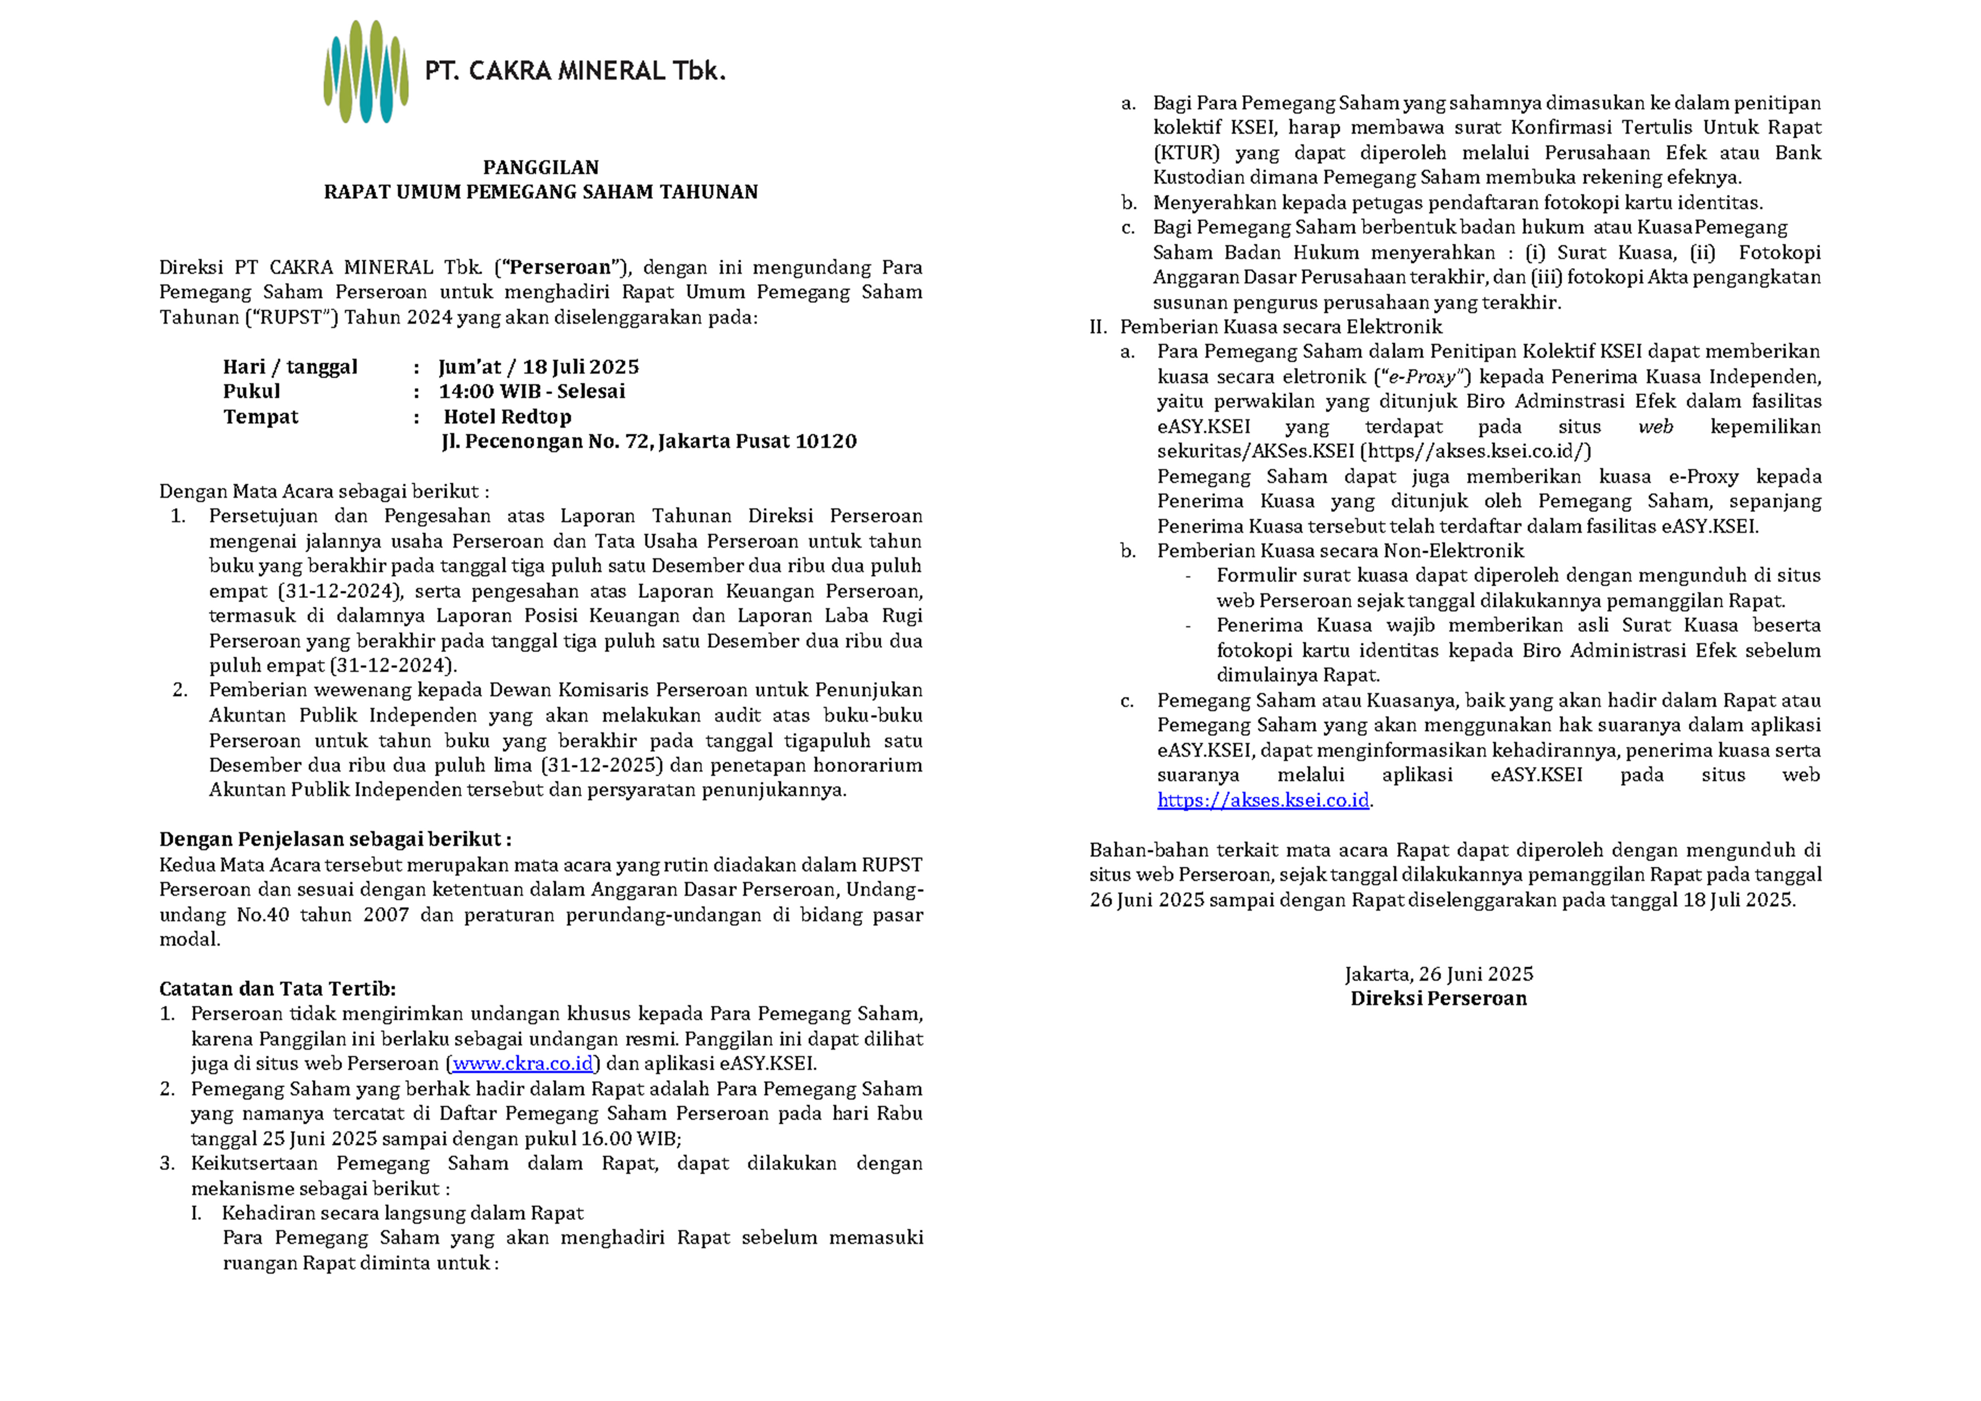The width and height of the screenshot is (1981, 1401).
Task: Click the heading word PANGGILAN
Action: pos(541,167)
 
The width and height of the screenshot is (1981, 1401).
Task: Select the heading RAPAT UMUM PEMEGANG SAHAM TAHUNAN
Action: pos(541,192)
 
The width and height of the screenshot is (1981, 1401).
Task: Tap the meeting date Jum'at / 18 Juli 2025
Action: pos(538,367)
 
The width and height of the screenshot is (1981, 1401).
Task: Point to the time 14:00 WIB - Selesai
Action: pos(531,392)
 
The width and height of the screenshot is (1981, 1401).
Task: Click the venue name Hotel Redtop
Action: pos(507,417)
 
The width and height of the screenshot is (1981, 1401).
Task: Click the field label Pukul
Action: pos(251,392)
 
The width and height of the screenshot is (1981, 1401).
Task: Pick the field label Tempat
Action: pos(261,417)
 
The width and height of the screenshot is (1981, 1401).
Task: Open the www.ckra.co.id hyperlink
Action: pos(522,1064)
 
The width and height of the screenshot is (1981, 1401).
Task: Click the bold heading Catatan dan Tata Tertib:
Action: pos(277,990)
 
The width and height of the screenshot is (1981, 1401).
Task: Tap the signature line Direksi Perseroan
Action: pos(1438,999)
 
